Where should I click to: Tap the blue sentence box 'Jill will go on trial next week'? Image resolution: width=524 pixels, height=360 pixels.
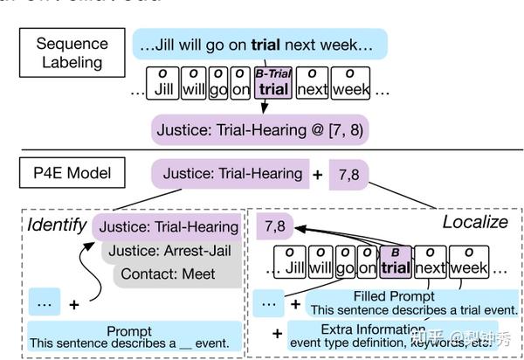coord(259,44)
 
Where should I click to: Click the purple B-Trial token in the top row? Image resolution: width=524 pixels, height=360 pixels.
coord(273,83)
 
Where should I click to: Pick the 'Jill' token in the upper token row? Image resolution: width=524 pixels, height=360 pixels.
coord(163,83)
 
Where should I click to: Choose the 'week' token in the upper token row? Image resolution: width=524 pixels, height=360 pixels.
coord(351,83)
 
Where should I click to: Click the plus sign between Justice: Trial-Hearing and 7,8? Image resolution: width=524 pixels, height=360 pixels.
coord(318,174)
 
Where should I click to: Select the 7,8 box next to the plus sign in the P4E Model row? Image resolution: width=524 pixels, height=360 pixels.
coord(349,175)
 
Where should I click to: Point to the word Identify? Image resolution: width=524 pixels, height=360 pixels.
coord(56,225)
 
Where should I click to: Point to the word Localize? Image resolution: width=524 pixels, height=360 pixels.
coord(474,222)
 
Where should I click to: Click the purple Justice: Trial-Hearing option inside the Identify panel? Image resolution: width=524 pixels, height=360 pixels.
coord(168,226)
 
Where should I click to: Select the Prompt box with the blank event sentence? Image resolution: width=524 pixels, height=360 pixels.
coord(129,337)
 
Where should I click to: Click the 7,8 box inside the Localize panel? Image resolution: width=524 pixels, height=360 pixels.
coord(278,226)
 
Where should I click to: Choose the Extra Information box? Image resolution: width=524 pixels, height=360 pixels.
coord(390,335)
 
